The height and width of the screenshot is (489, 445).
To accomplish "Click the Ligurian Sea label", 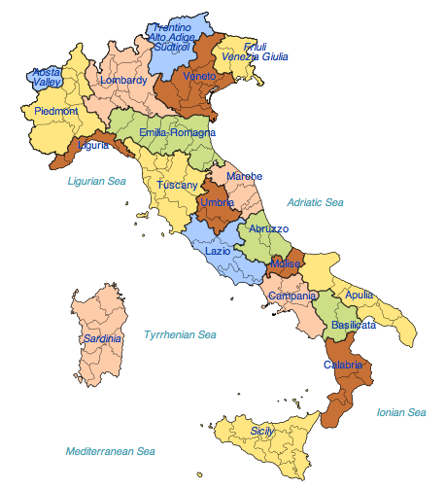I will coord(97,181).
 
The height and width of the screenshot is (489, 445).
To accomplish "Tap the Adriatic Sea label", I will coord(315,202).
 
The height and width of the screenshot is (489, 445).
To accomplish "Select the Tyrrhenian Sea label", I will coord(180,334).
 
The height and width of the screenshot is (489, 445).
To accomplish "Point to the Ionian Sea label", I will coord(400,412).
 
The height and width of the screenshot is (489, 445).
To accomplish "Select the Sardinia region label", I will coord(102,338).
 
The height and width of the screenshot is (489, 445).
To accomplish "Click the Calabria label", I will coord(343,366).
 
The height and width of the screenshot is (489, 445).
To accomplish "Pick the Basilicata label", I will coord(353,324).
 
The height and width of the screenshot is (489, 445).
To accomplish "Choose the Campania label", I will coord(291,296).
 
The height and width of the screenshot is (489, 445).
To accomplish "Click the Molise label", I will coord(286,264).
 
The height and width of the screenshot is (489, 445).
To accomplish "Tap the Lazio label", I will coord(218,251).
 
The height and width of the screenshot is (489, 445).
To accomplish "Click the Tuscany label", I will coord(177,185).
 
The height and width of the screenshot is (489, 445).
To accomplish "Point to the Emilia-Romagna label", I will coord(177,132).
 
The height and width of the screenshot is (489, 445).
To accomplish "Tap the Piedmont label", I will coord(56,111).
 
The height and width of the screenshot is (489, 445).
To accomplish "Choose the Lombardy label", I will coord(123,80).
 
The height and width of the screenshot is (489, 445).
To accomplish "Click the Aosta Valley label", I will coord(47,77).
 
